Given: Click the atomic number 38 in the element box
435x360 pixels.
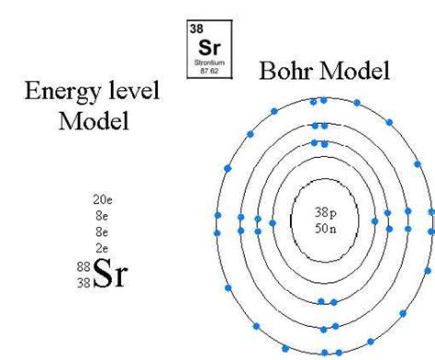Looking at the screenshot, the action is click(x=195, y=28).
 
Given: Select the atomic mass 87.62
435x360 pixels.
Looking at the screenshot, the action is click(x=209, y=68).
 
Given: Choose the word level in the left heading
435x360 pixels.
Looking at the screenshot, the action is click(x=132, y=92).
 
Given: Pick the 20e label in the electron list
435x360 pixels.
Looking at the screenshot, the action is click(x=103, y=198).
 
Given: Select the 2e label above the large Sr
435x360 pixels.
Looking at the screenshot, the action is click(x=103, y=248).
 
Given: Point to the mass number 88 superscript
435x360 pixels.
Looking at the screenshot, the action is click(x=83, y=266).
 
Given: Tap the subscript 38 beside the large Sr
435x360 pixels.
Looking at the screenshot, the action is click(x=83, y=282).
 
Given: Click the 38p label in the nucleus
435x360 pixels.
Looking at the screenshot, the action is click(x=327, y=212).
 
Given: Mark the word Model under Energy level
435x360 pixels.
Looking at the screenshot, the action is click(x=92, y=120).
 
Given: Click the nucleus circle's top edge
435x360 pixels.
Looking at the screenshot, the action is click(x=325, y=178).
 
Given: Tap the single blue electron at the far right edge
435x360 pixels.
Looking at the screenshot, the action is click(x=431, y=210).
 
